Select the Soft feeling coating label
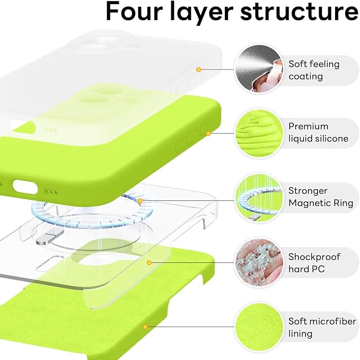pos(313,70)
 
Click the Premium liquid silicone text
pos(318,133)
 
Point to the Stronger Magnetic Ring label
pos(315,197)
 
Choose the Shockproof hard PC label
pos(314,263)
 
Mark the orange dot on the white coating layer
pos(198,69)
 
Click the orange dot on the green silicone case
pos(208,133)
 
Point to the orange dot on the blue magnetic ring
pos(140,201)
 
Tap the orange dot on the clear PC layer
pos(150,262)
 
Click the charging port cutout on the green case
pos(25,187)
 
